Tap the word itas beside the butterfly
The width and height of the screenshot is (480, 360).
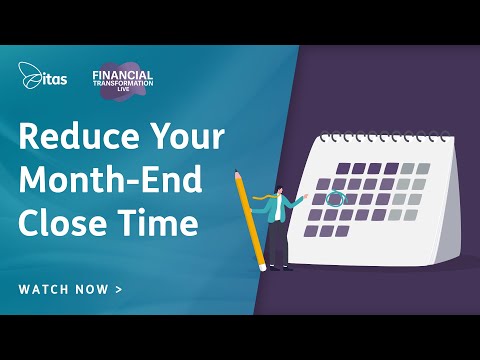53,75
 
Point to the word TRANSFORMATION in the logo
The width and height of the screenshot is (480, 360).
121,83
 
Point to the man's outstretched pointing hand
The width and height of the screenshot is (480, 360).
306,196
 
